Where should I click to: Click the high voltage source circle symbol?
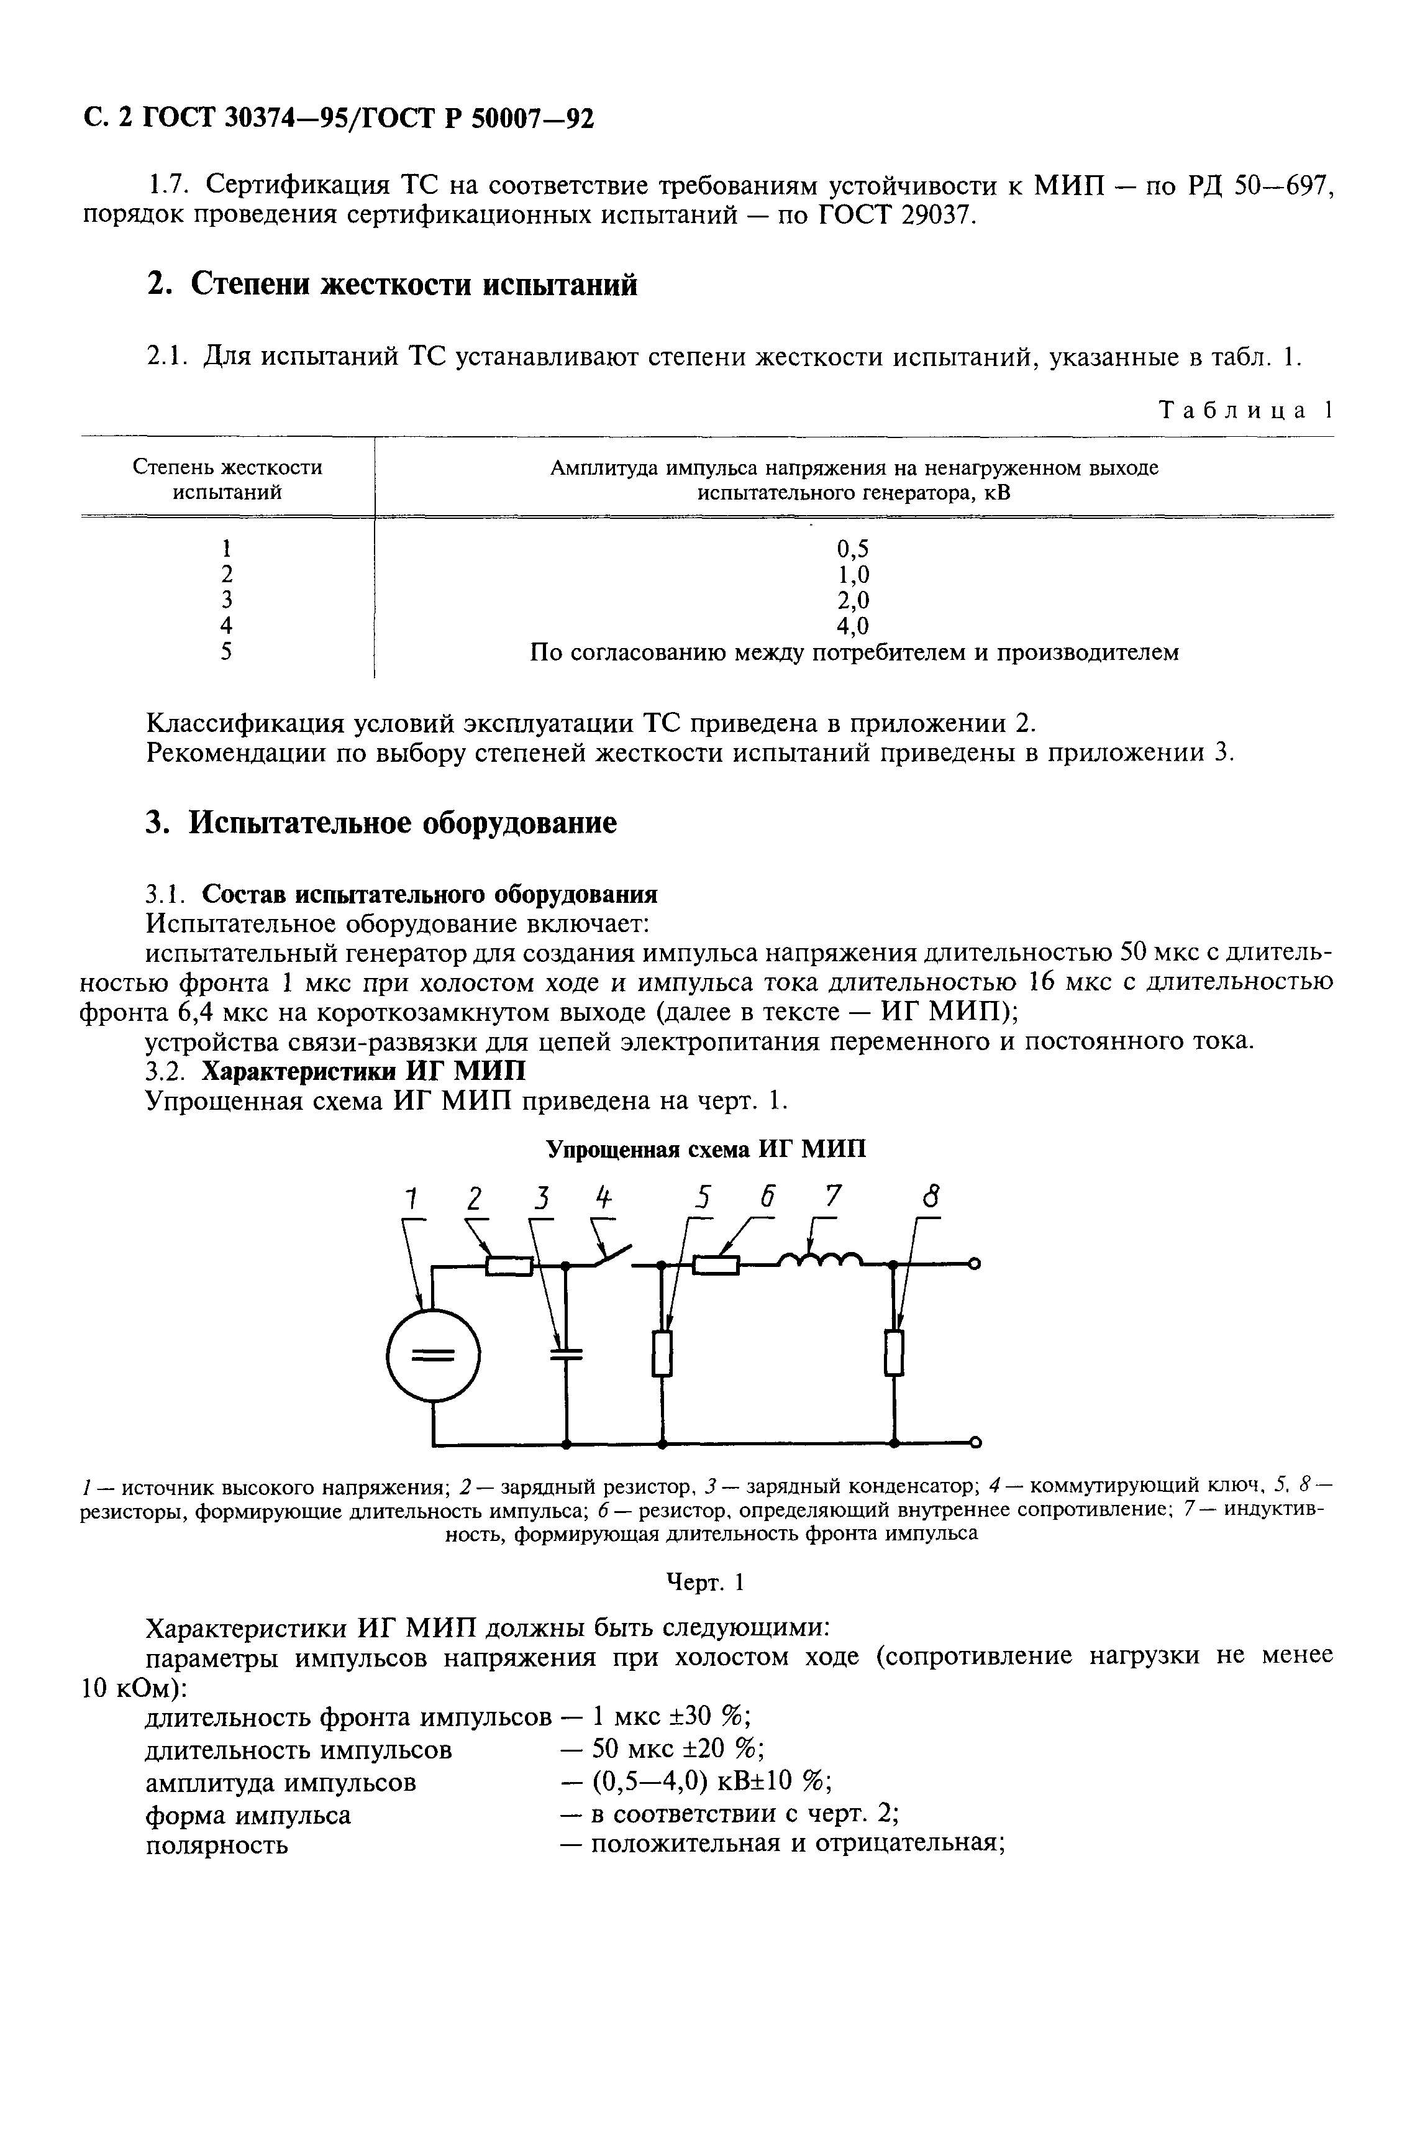(433, 1354)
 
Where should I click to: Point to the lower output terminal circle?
(975, 1441)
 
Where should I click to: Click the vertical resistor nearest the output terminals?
(894, 1353)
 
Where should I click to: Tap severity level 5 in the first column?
(227, 651)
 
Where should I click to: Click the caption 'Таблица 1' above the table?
(1245, 410)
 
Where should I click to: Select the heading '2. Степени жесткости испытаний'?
(392, 284)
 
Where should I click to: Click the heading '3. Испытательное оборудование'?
(381, 822)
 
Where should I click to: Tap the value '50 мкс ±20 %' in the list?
(678, 1750)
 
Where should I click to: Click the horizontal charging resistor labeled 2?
(508, 1266)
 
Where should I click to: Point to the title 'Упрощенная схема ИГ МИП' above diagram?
(706, 1149)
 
